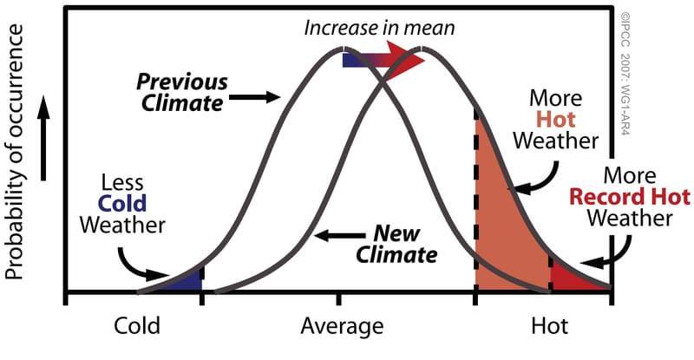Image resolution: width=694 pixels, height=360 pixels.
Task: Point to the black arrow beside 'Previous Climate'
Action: [257, 98]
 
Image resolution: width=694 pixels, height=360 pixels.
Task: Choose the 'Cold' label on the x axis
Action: [137, 327]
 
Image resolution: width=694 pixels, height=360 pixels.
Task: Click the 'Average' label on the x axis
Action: [342, 327]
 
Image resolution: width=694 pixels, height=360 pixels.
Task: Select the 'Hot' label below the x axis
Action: [548, 327]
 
